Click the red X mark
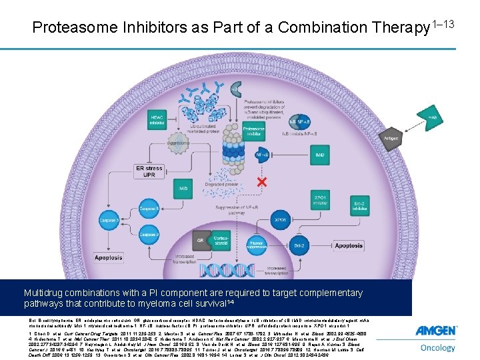248,181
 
